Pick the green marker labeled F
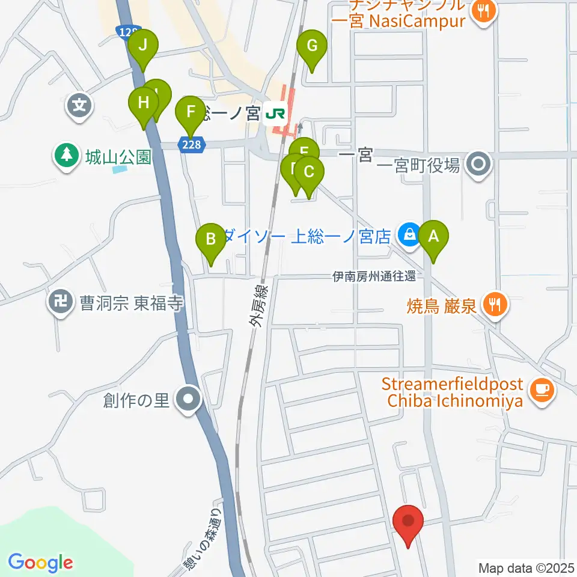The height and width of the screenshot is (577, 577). (x=191, y=112)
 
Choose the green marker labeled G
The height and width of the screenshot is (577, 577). (x=312, y=46)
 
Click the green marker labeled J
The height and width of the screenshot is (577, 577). (x=143, y=45)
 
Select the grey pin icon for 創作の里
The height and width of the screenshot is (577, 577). (x=189, y=399)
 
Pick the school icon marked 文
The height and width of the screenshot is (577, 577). (x=79, y=107)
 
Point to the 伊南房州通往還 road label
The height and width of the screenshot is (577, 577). (x=375, y=276)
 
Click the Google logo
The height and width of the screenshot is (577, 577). (x=40, y=563)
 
